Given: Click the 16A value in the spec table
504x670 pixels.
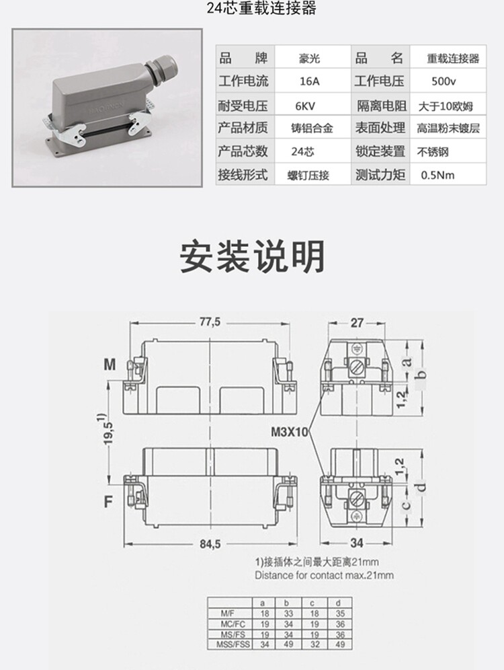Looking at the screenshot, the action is coord(310,81).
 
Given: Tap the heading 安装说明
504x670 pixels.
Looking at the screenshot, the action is coord(252,256).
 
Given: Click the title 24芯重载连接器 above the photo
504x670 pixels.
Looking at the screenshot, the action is coord(251,9).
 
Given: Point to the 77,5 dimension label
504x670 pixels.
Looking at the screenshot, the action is coord(210,322).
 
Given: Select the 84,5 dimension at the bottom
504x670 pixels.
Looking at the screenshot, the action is coord(210,543).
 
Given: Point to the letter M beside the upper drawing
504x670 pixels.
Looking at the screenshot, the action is coord(109,365).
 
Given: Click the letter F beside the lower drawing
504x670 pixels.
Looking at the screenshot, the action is coord(108,500).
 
